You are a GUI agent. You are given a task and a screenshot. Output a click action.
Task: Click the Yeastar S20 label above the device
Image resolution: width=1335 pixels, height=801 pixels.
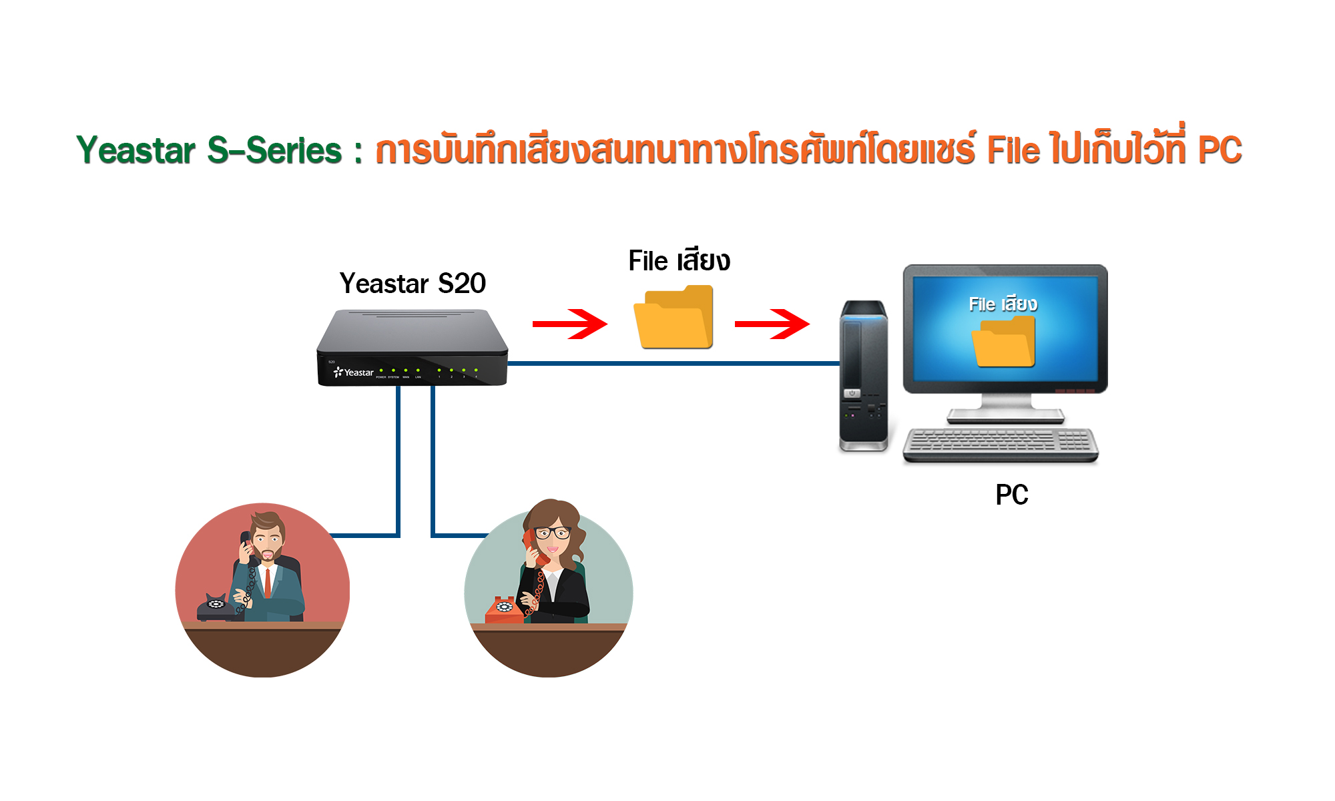pos(413,284)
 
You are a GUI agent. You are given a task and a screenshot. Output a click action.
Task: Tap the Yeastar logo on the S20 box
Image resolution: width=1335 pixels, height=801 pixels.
pos(354,372)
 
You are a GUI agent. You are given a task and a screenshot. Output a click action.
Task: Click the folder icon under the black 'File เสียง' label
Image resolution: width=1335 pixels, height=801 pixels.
pos(673,318)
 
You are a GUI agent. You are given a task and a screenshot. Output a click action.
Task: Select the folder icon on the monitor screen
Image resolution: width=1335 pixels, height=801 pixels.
pos(1003,342)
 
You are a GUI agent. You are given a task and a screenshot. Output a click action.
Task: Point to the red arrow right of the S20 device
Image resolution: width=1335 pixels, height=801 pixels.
pos(570,324)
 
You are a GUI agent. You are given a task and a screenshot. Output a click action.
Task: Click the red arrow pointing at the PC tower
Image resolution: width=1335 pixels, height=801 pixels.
pos(772,324)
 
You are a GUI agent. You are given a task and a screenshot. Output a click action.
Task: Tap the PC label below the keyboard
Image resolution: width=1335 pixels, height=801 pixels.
pos(1011,495)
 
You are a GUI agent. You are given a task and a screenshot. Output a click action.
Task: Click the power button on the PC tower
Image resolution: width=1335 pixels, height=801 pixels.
pos(852,394)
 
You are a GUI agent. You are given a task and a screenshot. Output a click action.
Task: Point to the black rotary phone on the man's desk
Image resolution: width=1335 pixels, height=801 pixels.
pos(216,605)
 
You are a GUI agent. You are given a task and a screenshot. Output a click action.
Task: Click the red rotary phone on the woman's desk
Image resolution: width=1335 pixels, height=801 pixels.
pos(505,609)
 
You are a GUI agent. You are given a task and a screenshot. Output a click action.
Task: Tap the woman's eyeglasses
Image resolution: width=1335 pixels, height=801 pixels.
pos(553,533)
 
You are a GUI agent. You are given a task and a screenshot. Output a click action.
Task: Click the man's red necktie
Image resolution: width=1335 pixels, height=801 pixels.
pos(268,582)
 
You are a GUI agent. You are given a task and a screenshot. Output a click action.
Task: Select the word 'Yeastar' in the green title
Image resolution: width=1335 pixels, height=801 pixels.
pos(136,150)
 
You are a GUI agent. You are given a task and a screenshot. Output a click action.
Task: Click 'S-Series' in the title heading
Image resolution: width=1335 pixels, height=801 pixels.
pos(274,150)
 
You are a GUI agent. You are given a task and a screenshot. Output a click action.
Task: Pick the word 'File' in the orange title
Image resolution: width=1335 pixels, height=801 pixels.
pos(1013,150)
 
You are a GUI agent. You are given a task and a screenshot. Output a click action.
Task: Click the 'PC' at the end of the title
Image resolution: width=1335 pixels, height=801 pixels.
pos(1220,150)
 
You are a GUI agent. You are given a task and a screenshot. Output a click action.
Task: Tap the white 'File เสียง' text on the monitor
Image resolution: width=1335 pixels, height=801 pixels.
pos(1003,304)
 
